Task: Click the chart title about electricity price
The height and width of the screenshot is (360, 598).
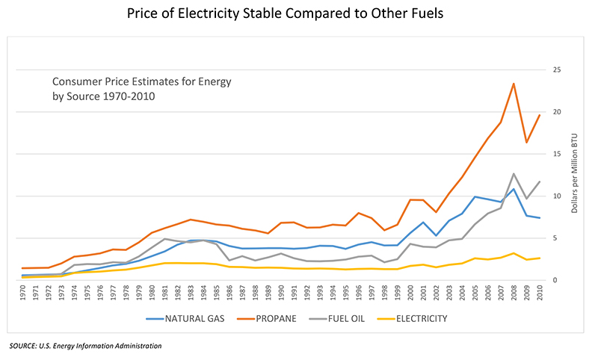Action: (x=299, y=14)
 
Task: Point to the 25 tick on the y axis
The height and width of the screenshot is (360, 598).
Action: (x=557, y=70)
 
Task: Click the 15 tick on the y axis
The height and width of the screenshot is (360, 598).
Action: (x=557, y=155)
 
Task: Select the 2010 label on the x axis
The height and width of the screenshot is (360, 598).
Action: (x=540, y=294)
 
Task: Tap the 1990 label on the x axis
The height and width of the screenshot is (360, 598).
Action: (x=283, y=294)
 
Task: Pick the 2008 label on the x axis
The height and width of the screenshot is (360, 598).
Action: (x=514, y=294)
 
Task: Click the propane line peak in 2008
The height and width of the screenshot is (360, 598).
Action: (x=514, y=83)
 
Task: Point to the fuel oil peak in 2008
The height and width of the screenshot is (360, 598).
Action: (x=514, y=174)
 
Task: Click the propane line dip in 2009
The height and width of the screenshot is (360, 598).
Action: (x=526, y=142)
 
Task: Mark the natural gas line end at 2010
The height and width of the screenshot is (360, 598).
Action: (x=540, y=218)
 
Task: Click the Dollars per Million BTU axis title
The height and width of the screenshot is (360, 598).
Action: (x=576, y=176)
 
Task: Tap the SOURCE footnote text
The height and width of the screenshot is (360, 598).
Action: (x=85, y=346)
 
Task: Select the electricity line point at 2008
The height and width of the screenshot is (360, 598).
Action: (x=514, y=253)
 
